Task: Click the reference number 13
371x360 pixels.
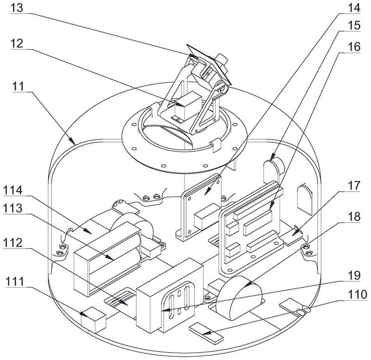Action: [x=17, y=7]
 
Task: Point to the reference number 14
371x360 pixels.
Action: [x=354, y=7]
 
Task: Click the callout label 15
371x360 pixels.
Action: [x=354, y=26]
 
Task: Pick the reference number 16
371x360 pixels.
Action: [x=354, y=47]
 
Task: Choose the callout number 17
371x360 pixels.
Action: [x=354, y=185]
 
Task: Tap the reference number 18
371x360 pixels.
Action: [x=354, y=217]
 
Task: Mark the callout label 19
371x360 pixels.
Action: [x=354, y=275]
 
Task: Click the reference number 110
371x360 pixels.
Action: [x=358, y=295]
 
